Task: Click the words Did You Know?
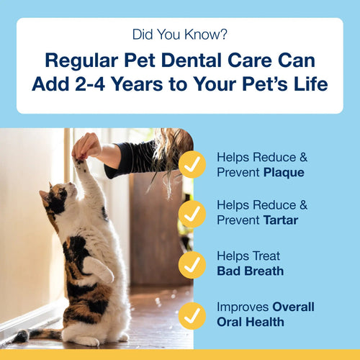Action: click(x=179, y=35)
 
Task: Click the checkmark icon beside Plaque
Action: click(x=192, y=164)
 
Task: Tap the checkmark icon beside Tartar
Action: click(x=192, y=213)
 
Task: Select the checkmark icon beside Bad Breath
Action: click(x=192, y=264)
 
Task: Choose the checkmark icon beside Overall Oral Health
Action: click(x=192, y=314)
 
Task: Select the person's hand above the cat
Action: click(x=87, y=145)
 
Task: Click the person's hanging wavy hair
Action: click(x=171, y=151)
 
